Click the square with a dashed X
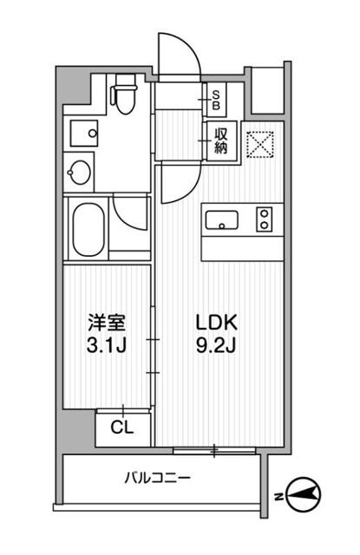pyautogui.click(x=261, y=143)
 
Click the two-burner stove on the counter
pyautogui.click(x=264, y=219)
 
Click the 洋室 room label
pyautogui.click(x=108, y=324)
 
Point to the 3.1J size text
pyautogui.click(x=108, y=347)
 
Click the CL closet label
pyautogui.click(x=122, y=427)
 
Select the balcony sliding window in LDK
pyautogui.click(x=214, y=449)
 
